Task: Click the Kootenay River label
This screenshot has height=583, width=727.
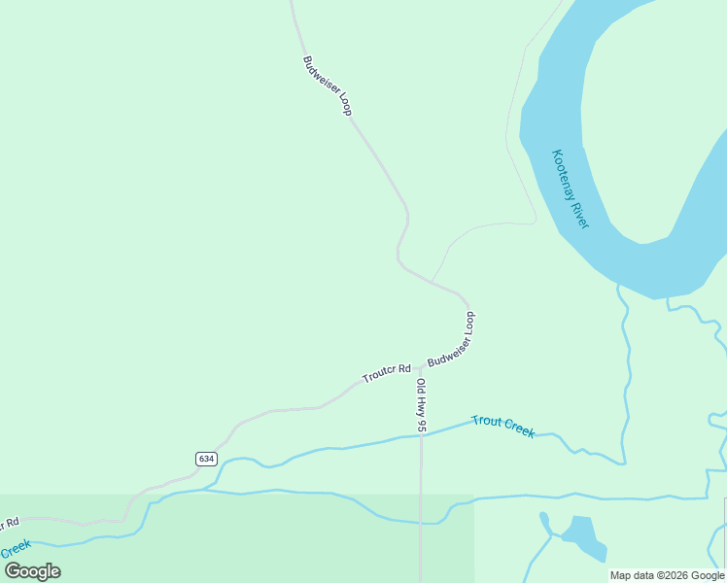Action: click(571, 189)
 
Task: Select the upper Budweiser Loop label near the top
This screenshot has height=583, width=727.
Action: click(327, 86)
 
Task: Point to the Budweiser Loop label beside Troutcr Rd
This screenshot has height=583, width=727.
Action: click(453, 340)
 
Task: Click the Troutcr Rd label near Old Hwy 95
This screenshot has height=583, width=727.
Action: click(387, 372)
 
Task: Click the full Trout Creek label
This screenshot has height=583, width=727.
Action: click(502, 426)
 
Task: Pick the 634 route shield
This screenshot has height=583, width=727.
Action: click(205, 459)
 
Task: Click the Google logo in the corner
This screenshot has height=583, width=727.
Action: click(33, 571)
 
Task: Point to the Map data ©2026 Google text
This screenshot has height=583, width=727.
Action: click(668, 575)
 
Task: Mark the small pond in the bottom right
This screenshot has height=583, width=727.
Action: click(580, 534)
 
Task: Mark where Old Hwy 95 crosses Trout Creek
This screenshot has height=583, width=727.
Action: click(421, 435)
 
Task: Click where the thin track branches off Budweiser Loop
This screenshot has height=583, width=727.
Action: click(432, 282)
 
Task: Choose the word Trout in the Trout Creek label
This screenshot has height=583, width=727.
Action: click(487, 422)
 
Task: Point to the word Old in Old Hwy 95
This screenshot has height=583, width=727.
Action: click(421, 385)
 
